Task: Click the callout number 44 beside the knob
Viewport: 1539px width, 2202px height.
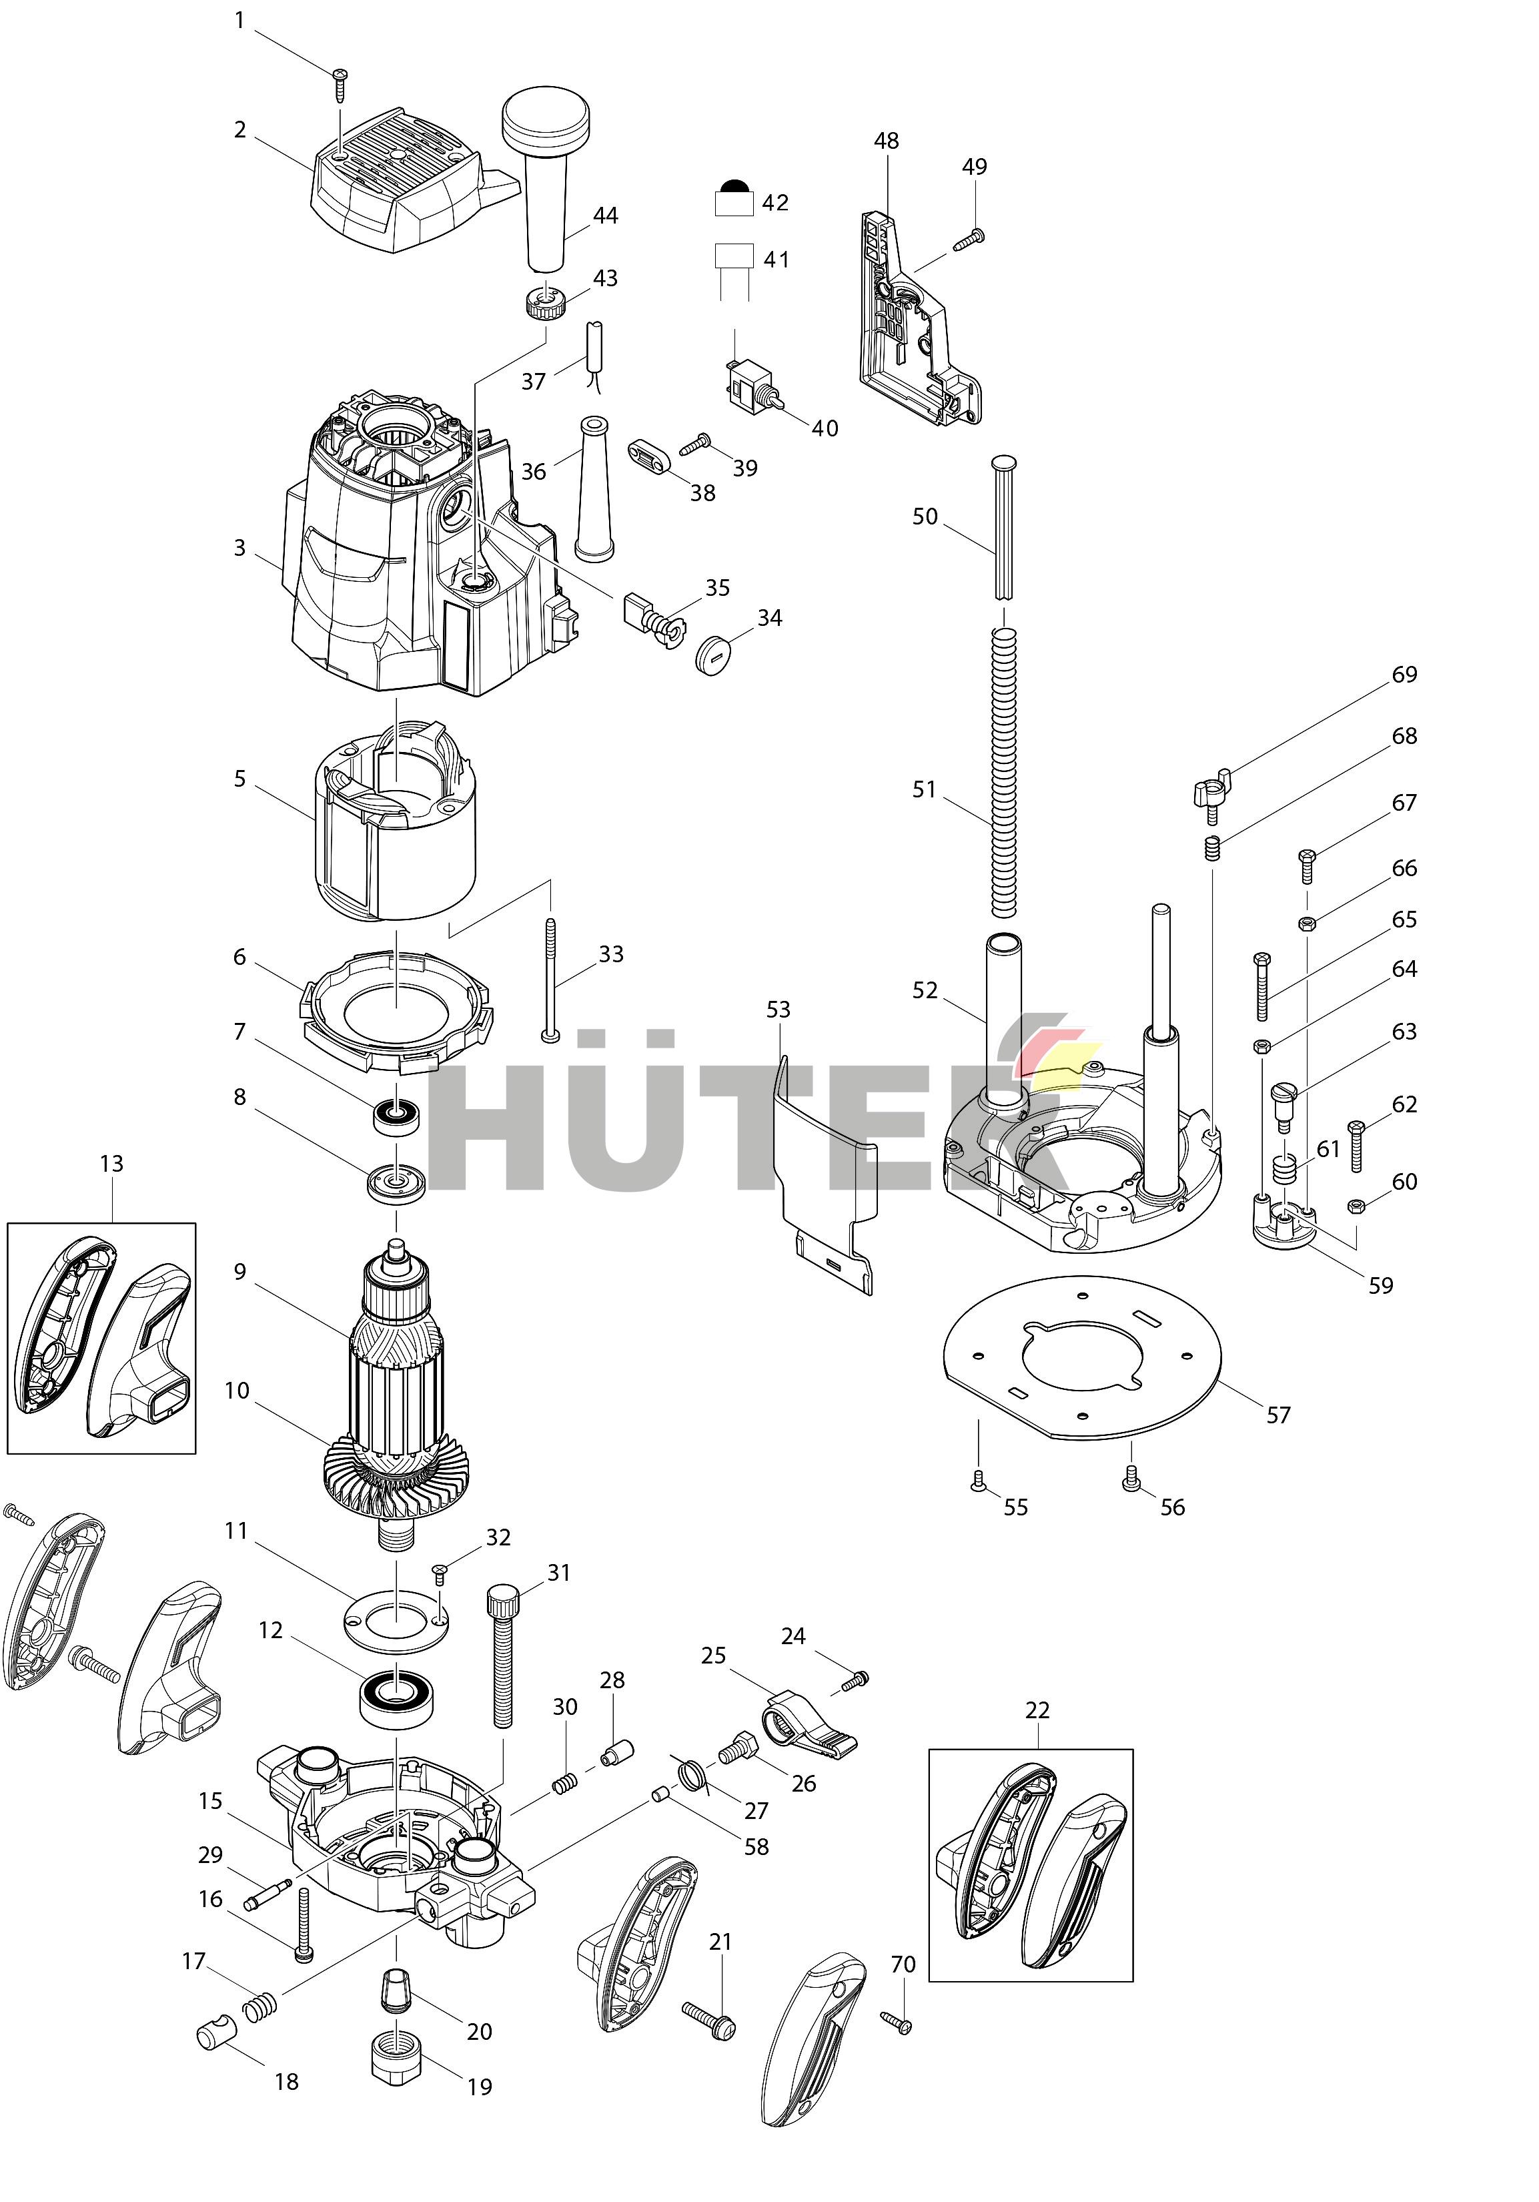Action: pos(605,216)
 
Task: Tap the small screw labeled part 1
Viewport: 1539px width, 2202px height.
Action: pos(340,83)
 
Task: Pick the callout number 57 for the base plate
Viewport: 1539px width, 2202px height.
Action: pos(1278,1415)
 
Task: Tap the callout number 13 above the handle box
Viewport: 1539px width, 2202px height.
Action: pos(111,1163)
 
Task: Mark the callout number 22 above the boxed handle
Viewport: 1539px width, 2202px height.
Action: pos(1037,1710)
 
